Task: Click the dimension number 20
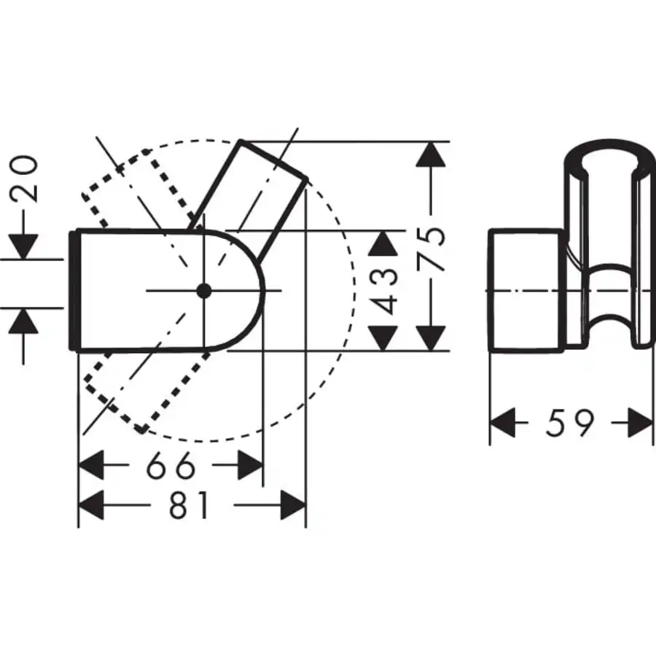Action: coord(26,179)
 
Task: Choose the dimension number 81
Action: coord(189,505)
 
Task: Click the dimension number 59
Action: coord(570,423)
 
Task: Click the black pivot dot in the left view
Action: coord(204,291)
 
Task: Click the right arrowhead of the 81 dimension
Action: coord(292,505)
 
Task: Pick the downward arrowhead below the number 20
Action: coord(26,244)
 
